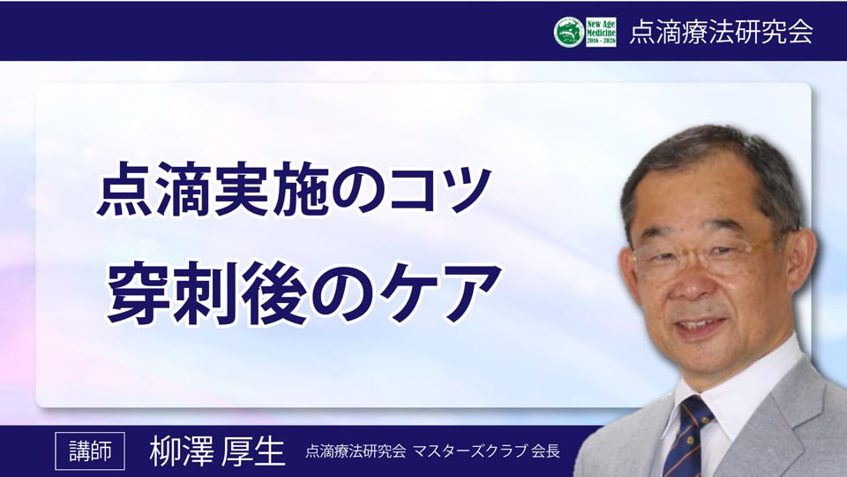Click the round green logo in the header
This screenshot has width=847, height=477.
[569, 32]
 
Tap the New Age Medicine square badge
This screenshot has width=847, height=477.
[601, 32]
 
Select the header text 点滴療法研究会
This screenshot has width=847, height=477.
[721, 32]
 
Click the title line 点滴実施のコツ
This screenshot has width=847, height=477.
[293, 191]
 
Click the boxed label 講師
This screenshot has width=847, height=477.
[90, 451]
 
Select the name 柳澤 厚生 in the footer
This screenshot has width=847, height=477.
[217, 451]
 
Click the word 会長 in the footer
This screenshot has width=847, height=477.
[545, 451]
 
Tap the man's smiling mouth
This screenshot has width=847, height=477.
[702, 327]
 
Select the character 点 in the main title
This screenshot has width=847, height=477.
[124, 191]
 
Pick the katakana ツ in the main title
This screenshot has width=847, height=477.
[461, 191]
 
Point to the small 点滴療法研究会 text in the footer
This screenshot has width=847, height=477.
[356, 451]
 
